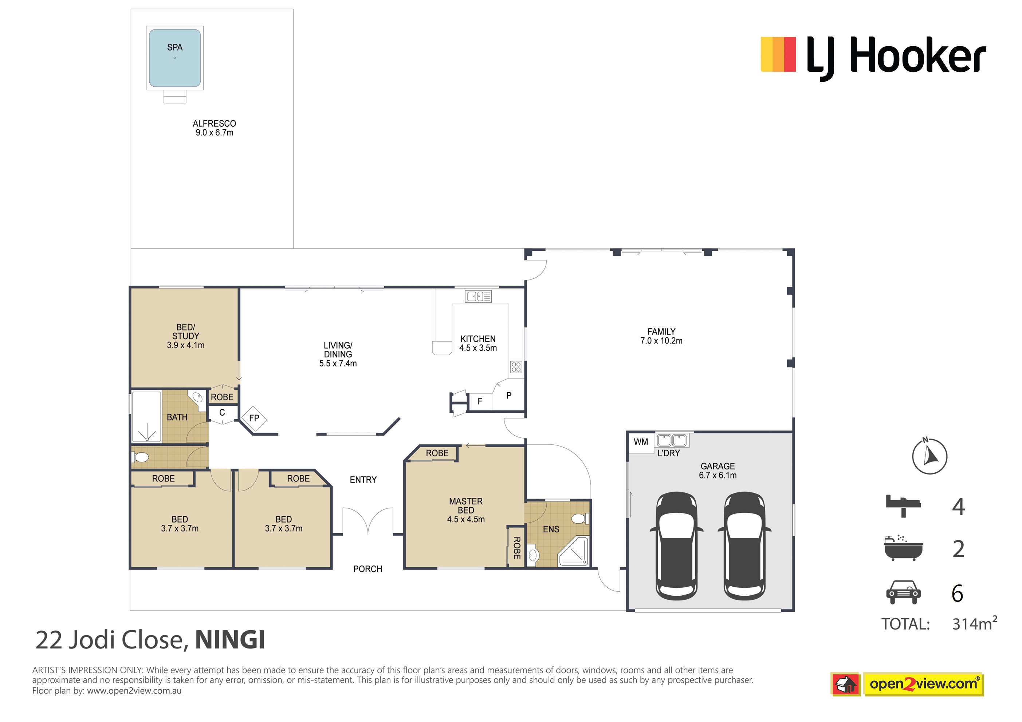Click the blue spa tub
coord(174,58)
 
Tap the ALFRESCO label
coord(214,124)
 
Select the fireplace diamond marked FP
coord(254,418)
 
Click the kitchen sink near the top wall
coord(478,296)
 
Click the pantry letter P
coord(509,395)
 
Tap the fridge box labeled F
coord(480,401)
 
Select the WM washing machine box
coord(641,442)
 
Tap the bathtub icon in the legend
coord(903,548)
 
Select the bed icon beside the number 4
coord(903,506)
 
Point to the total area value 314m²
coord(974,623)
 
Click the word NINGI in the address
coord(230,640)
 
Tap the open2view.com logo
coord(907,684)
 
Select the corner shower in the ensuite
coord(573,552)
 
